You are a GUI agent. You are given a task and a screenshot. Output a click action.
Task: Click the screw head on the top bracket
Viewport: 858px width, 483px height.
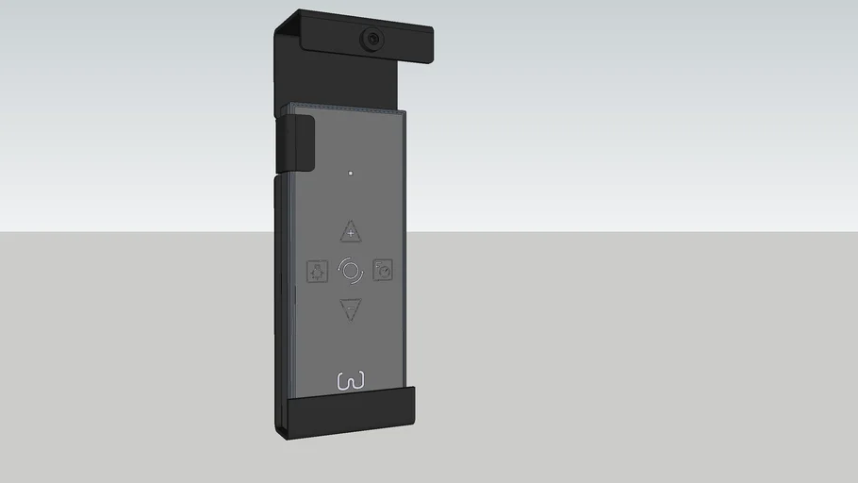click(x=373, y=39)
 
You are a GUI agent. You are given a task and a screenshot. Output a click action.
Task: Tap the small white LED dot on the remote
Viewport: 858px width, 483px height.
click(x=351, y=173)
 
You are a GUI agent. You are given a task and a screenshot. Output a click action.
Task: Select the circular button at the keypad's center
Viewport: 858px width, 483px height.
click(x=351, y=271)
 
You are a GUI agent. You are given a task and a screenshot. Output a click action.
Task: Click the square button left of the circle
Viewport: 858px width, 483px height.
click(x=318, y=272)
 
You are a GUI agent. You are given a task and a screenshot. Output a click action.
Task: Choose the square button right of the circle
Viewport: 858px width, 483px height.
click(x=383, y=270)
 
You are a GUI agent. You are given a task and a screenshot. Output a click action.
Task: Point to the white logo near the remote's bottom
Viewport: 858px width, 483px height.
click(x=351, y=381)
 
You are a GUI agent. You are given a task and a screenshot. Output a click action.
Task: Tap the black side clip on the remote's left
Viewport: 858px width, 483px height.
click(x=295, y=144)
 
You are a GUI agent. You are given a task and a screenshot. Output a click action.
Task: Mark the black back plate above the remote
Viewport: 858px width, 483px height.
click(x=339, y=80)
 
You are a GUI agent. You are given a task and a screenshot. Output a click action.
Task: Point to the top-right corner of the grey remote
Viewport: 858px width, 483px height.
click(x=405, y=111)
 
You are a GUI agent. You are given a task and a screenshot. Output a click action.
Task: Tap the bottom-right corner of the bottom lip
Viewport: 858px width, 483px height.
click(x=414, y=424)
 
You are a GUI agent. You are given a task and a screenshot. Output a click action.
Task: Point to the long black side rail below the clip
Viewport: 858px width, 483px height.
click(x=281, y=283)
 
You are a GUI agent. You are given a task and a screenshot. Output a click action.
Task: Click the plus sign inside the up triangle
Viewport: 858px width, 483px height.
click(x=351, y=232)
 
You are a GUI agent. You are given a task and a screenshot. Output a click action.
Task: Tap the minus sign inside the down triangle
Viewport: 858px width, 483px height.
click(x=351, y=308)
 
